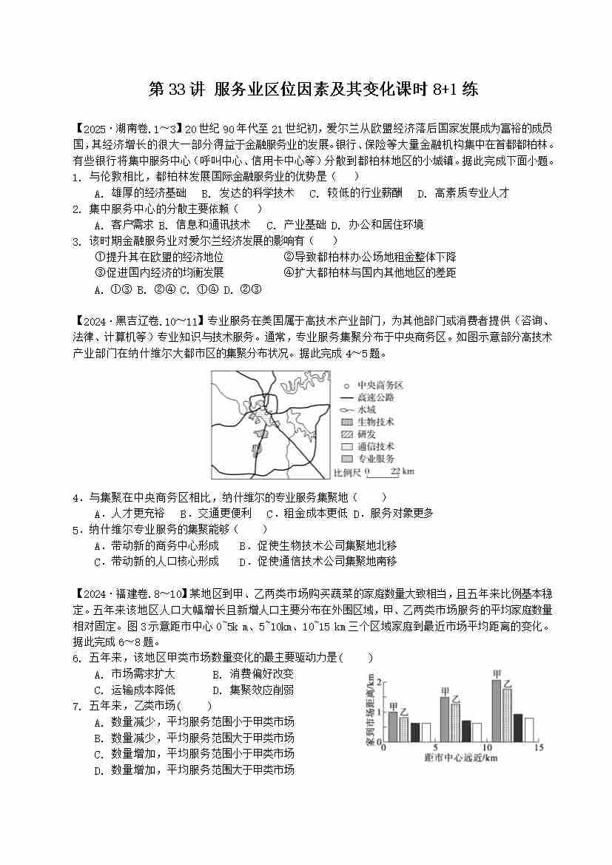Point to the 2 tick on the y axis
[x=380, y=681]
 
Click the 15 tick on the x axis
[x=538, y=748]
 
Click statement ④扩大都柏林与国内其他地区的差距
[x=370, y=272]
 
